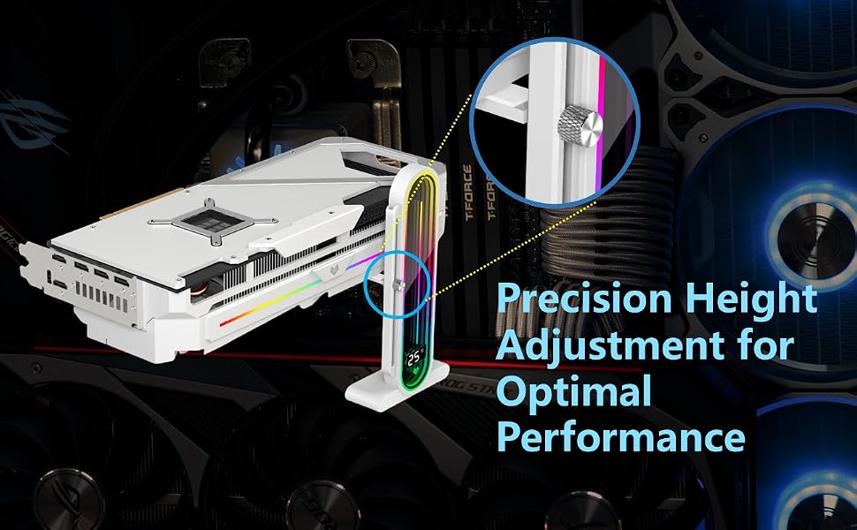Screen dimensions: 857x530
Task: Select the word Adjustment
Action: [610, 346]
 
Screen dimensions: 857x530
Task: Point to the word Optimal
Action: [574, 392]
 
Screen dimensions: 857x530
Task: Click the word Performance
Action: [621, 437]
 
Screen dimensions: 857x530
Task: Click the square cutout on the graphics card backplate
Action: [211, 220]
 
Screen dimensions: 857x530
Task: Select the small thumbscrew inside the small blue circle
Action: [399, 285]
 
